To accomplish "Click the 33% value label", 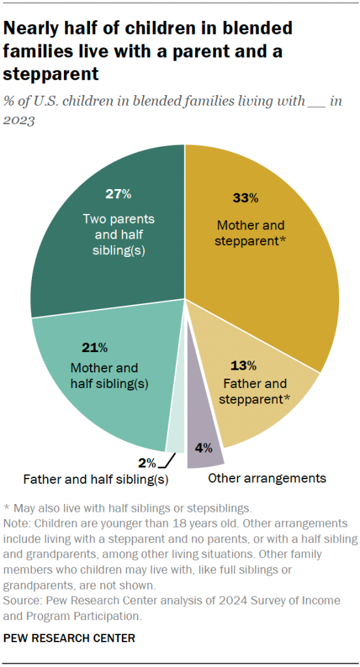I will [x=245, y=198].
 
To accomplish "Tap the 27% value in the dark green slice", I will [x=119, y=194].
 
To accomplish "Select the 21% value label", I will [x=95, y=347].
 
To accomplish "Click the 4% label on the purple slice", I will [x=205, y=448].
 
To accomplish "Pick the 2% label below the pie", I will [x=147, y=463].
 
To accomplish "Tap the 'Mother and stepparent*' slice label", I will [x=251, y=233].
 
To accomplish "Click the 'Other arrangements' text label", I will [x=267, y=479].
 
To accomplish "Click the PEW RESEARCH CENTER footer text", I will [x=69, y=638].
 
